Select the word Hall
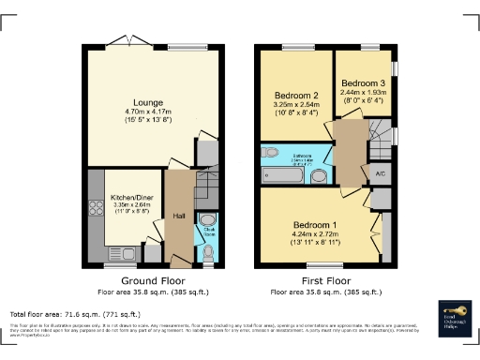tap(179, 217)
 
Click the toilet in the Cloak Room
tap(208, 252)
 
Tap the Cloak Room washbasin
tap(208, 221)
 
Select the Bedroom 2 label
tap(296, 96)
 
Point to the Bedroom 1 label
tap(315, 225)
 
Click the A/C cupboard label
tap(381, 174)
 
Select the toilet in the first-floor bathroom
tap(271, 152)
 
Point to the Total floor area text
tap(75, 313)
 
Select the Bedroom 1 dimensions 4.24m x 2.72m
tap(315, 234)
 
